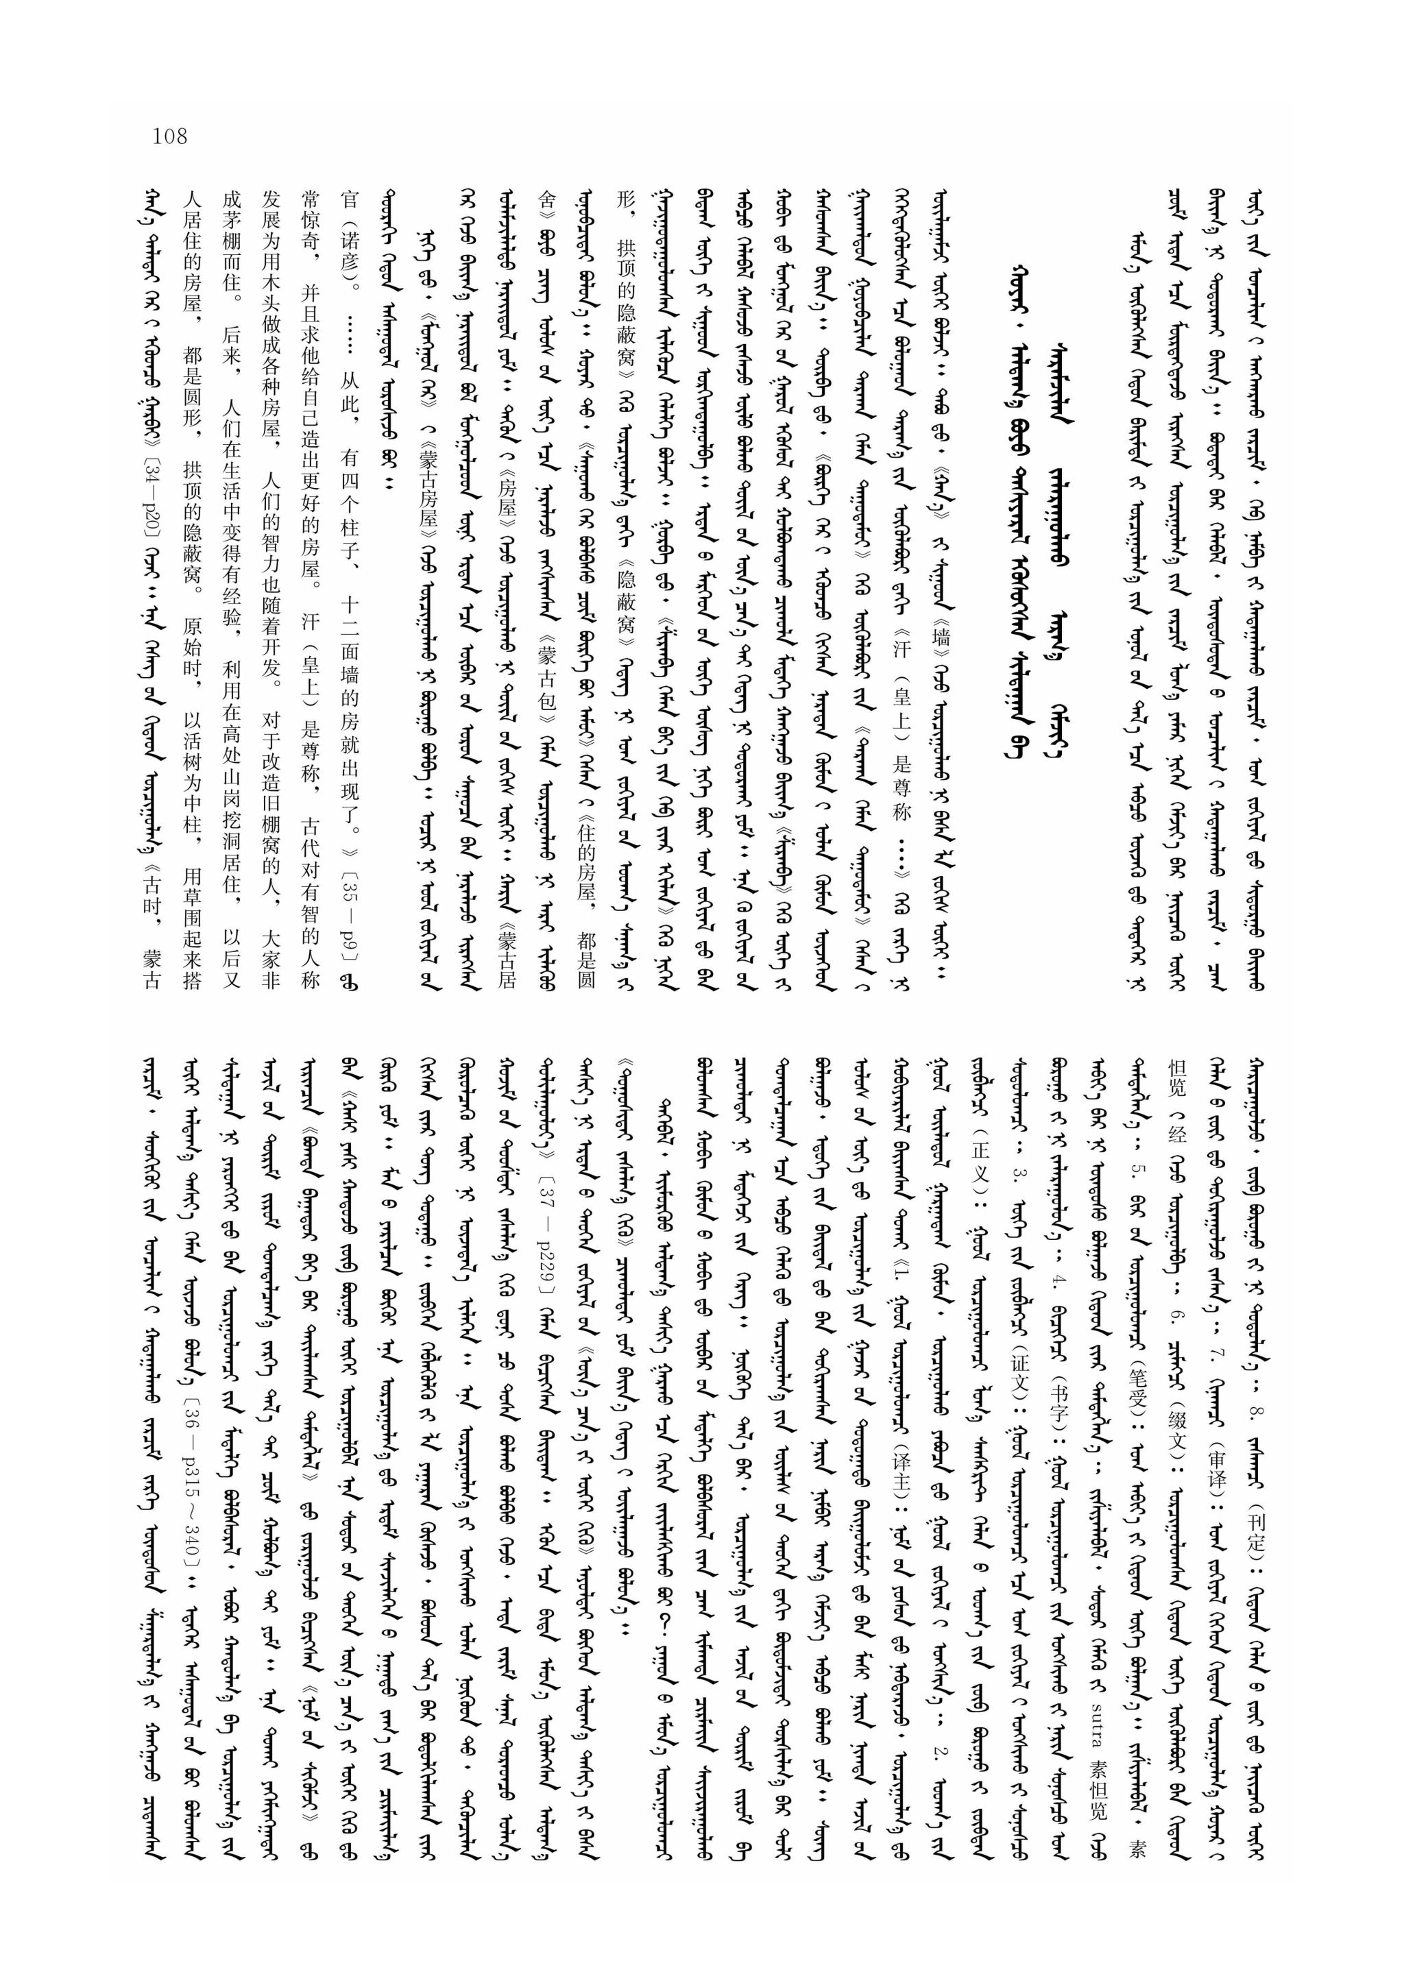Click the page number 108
169,136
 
